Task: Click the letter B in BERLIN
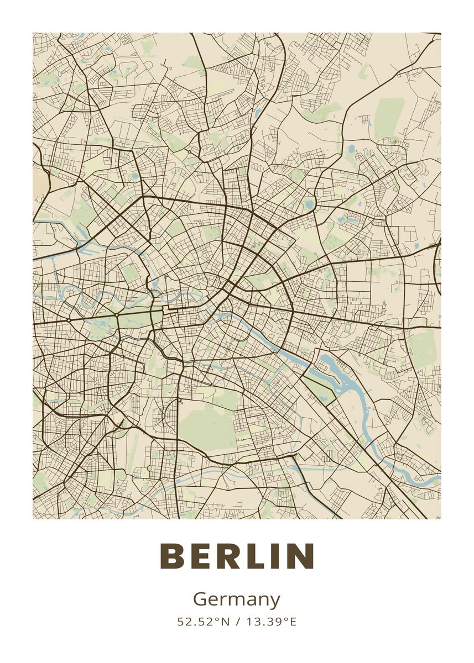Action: click(x=173, y=556)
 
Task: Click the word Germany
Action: click(x=237, y=599)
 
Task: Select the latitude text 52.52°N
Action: click(x=203, y=622)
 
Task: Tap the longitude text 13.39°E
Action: click(x=272, y=622)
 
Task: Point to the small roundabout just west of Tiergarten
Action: click(x=69, y=319)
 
